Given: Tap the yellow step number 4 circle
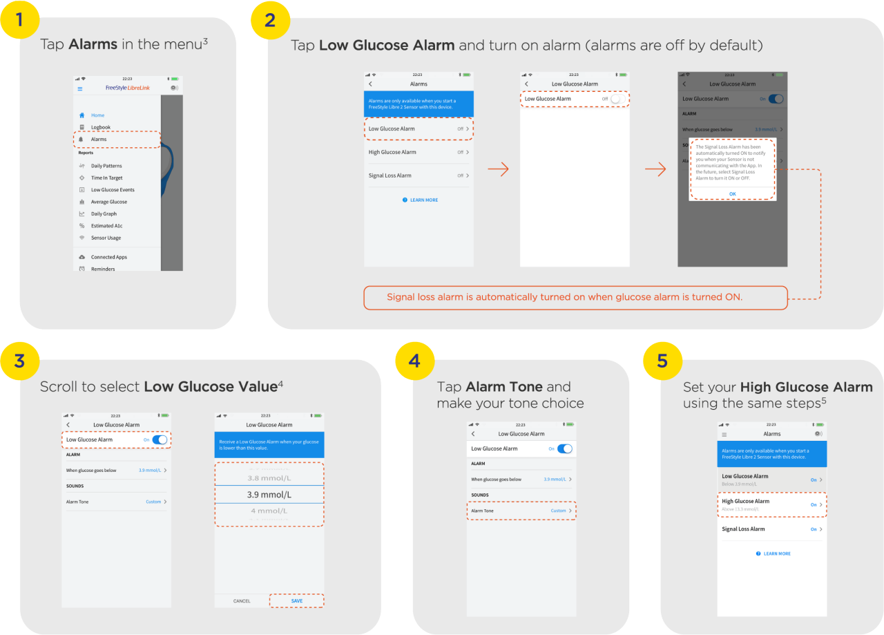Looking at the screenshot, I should point(414,360).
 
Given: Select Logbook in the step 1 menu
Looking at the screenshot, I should point(101,127).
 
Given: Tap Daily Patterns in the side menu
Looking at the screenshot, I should point(106,166).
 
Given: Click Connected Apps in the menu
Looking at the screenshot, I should point(108,257).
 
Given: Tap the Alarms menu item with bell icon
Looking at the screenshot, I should point(99,140).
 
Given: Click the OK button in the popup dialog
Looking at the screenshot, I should point(732,193).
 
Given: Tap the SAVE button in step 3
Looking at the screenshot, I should point(296,601).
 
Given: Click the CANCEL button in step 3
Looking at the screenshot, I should point(242,601).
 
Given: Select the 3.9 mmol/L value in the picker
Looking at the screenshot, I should point(269,495).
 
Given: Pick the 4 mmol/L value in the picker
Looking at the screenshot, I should point(269,511).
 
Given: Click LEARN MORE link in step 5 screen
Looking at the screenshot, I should point(773,553).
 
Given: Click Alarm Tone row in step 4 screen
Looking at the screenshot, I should point(521,511).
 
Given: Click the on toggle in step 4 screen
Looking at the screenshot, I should point(564,448).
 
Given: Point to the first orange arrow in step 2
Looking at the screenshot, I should point(497,170).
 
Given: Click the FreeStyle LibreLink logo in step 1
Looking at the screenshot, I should point(127,88).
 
